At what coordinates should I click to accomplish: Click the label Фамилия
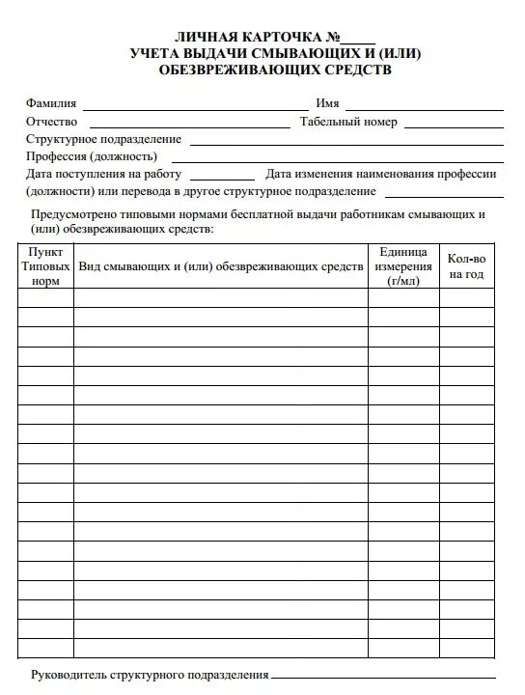52,103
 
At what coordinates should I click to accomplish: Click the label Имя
326,103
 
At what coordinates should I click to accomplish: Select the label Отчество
54,122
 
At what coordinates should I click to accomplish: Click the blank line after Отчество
189,125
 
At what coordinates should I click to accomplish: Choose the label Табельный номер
348,122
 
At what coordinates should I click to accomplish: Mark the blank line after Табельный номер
453,125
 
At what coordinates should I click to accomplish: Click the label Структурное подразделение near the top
104,139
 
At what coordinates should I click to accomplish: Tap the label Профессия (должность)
92,156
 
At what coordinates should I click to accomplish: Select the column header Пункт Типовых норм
45,264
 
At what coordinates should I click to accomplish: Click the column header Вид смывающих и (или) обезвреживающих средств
221,264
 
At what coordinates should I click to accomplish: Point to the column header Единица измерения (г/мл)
402,264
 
